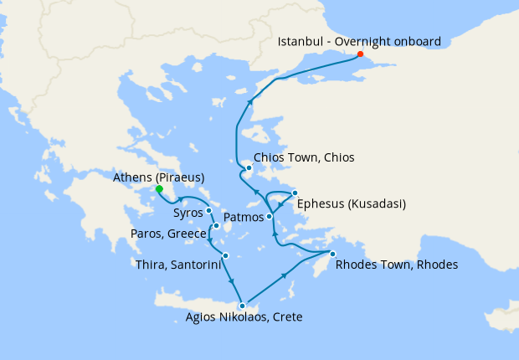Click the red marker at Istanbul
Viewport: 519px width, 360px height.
coord(361,54)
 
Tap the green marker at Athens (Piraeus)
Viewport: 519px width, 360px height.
coord(158,189)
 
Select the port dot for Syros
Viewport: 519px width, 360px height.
coord(208,211)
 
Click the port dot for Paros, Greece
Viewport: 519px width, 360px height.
coord(216,226)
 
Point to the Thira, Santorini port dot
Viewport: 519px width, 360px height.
coord(225,255)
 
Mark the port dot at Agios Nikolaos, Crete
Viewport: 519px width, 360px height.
coord(242,306)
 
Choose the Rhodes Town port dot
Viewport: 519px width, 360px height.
coord(332,254)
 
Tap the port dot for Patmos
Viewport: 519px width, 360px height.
coord(270,217)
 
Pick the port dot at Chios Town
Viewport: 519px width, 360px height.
coord(249,168)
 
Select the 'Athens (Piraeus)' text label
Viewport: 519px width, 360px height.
coord(159,177)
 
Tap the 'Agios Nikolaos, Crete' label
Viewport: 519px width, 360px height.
coord(244,317)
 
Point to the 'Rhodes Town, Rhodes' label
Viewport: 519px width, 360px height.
coord(396,265)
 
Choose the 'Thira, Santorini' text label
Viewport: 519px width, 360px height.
coord(177,265)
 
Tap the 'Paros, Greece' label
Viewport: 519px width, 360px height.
coord(170,233)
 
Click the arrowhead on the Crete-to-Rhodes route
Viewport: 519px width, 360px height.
coord(286,275)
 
